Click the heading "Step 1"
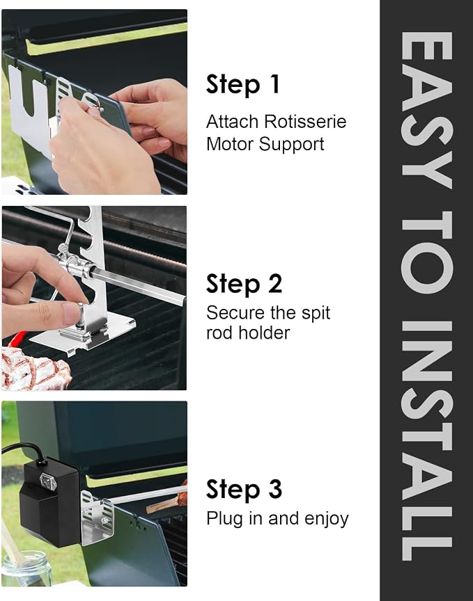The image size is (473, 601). [243, 84]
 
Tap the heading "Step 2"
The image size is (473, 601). [245, 284]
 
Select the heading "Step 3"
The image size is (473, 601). [245, 490]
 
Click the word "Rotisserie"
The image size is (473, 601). [305, 122]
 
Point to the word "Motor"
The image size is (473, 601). [230, 144]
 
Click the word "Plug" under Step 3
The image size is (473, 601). [224, 520]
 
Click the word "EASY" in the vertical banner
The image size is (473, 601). [426, 110]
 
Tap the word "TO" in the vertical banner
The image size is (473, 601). [426, 253]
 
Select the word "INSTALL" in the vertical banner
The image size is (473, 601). [426, 441]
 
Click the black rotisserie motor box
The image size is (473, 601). [49, 502]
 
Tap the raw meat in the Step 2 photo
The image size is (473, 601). [35, 369]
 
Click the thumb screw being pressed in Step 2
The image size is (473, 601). [80, 314]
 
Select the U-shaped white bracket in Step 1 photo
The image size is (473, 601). [30, 109]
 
